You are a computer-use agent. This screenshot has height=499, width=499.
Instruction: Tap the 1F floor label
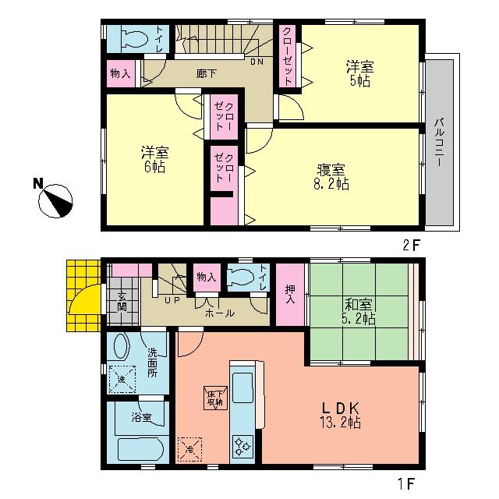[412, 483]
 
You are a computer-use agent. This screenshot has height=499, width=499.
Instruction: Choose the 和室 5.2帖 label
[358, 312]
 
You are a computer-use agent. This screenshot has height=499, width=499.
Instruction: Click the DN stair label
[256, 62]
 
